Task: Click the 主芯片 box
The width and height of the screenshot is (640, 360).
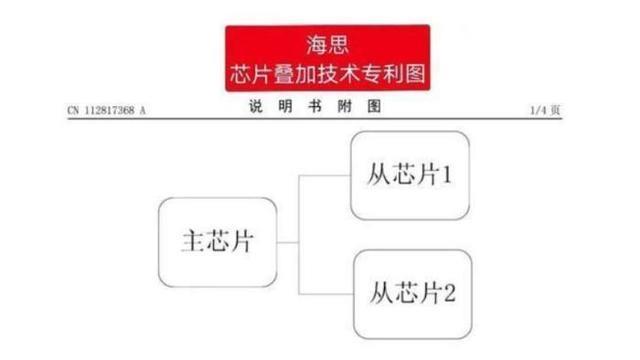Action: coord(217,242)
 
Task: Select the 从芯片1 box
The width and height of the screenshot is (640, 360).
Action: coord(409,175)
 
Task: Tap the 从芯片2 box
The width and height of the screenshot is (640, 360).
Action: coord(412,293)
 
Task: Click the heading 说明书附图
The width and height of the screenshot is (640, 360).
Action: coord(313,107)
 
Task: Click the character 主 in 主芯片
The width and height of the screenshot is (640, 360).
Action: coord(193,242)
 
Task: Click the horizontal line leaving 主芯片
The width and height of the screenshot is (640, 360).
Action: coord(288,242)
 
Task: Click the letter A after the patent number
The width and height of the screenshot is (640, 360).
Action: coord(142,111)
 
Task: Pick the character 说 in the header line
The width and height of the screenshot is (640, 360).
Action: coord(255,107)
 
